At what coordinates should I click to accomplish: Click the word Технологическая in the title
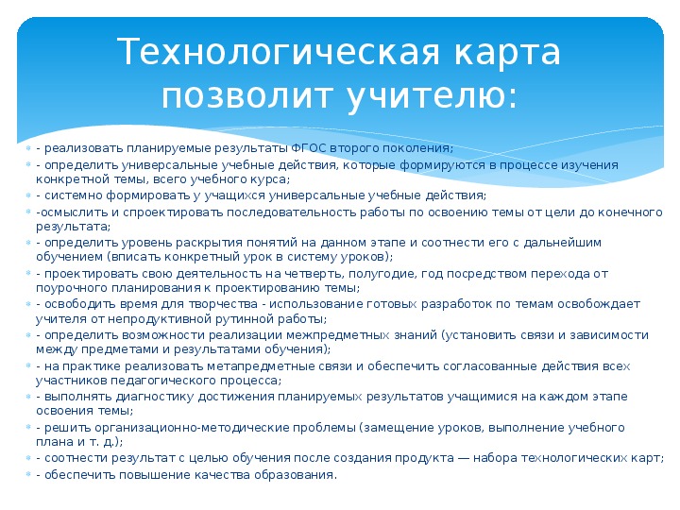tap(279, 52)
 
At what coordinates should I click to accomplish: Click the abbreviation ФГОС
tap(308, 148)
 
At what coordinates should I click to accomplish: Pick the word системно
tap(74, 195)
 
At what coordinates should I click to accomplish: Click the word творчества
tap(217, 304)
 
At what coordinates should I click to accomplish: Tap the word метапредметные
tap(280, 366)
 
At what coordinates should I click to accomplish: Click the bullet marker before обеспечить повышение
tap(28, 474)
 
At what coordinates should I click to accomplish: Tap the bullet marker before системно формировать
tap(28, 195)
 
